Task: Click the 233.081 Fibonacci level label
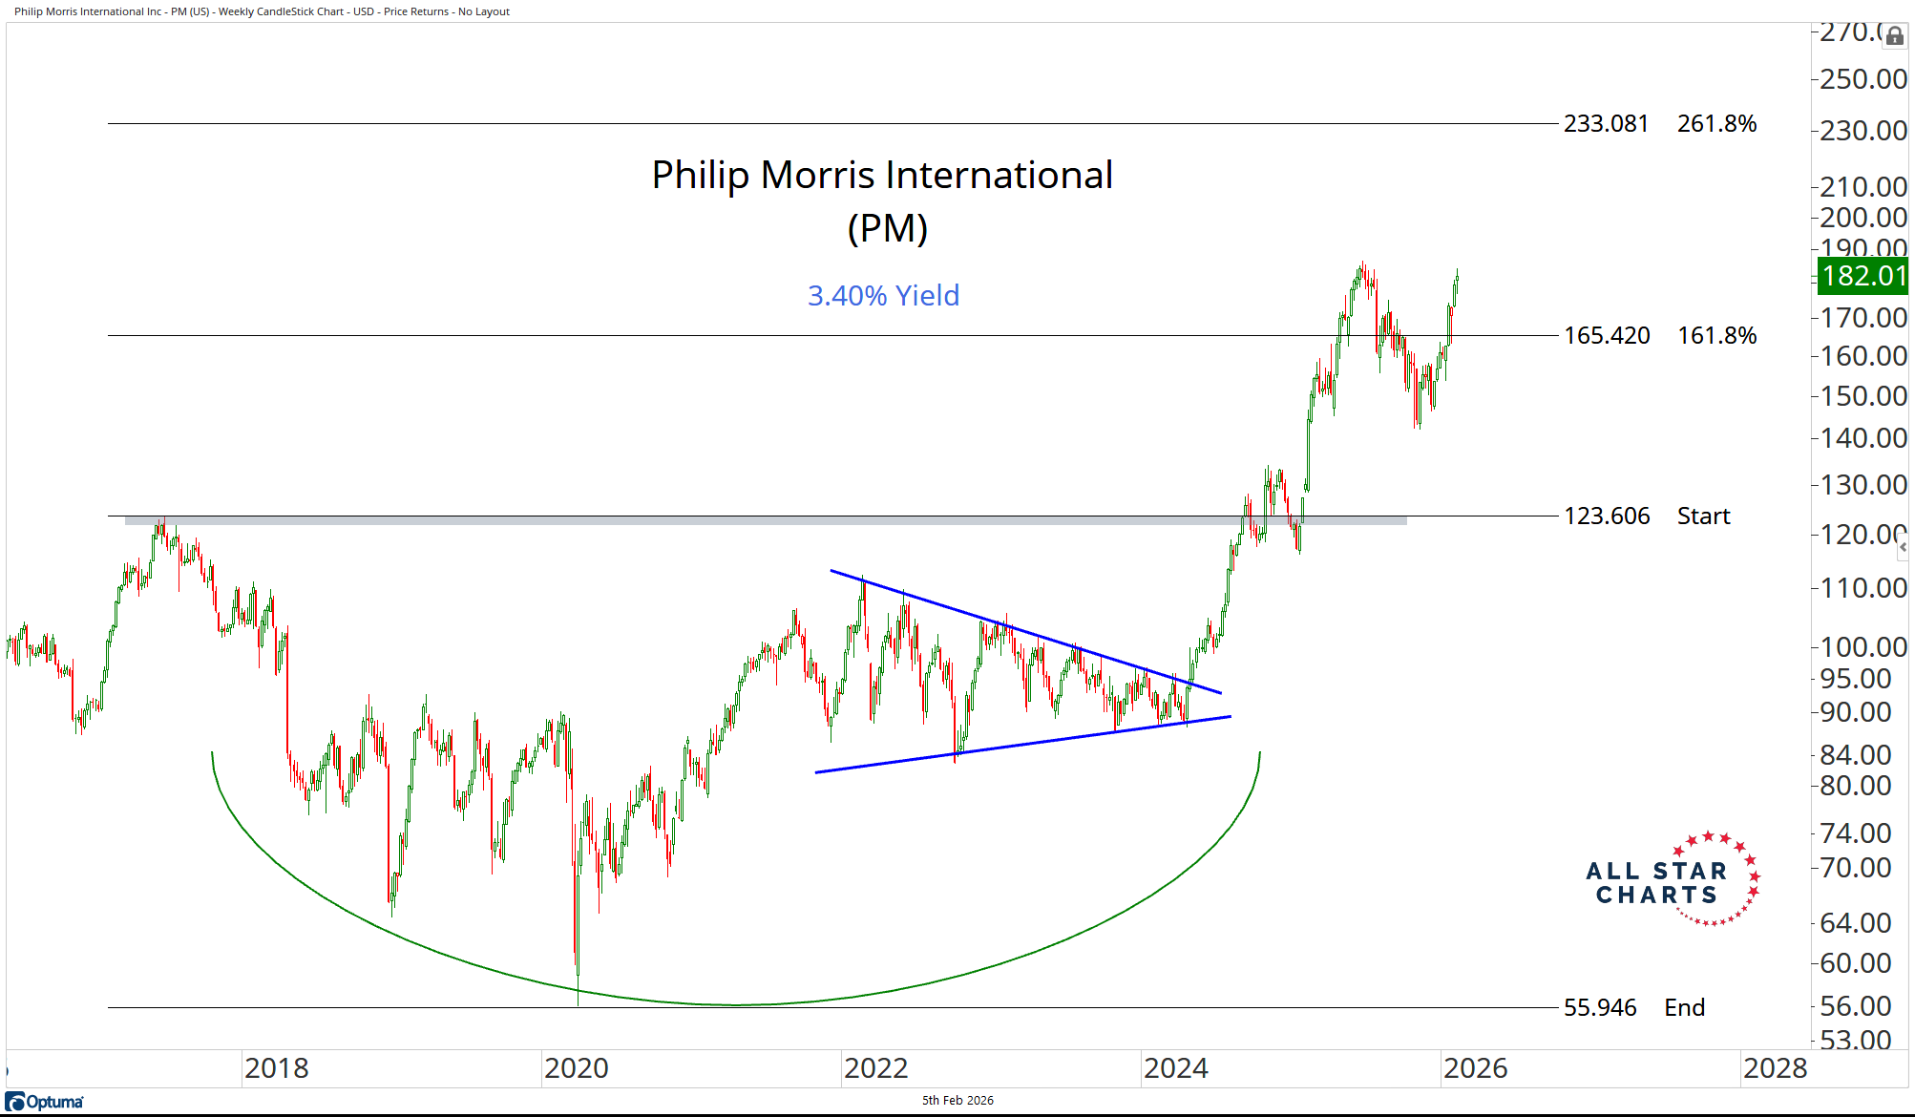[1606, 124]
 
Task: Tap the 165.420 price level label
[1607, 336]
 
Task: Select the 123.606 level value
[1607, 516]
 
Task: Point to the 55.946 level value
[1600, 1008]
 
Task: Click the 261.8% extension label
[1716, 124]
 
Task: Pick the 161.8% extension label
[1716, 336]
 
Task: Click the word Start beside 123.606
[1703, 516]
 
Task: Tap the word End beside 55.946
[1684, 1008]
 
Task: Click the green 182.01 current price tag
[1862, 276]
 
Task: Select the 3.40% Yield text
[883, 296]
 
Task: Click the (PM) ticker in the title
[887, 229]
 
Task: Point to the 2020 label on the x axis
[576, 1068]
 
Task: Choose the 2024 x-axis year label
[1175, 1068]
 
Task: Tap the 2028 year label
[1775, 1068]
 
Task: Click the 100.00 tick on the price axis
[1862, 647]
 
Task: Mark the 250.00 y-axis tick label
[1862, 79]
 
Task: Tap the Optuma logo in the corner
[45, 1102]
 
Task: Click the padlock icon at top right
[1894, 36]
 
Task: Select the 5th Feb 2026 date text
[957, 1101]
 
